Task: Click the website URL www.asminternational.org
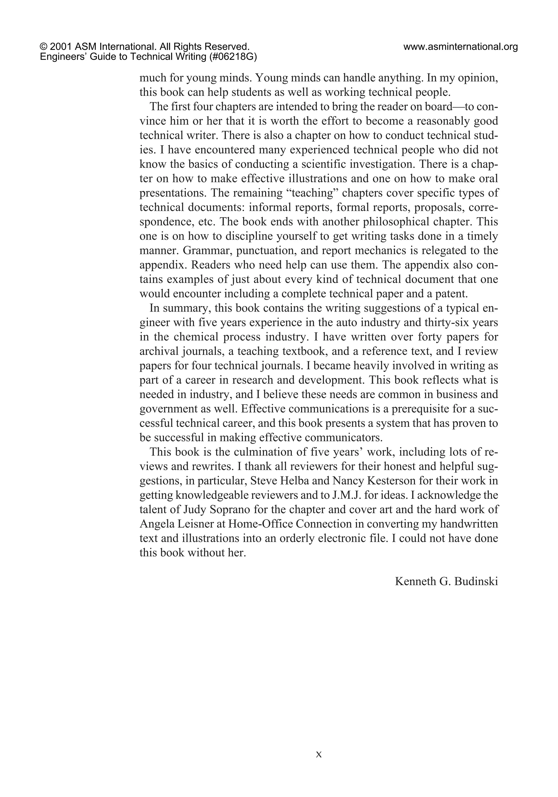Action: [460, 47]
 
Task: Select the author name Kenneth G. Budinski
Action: [446, 581]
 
